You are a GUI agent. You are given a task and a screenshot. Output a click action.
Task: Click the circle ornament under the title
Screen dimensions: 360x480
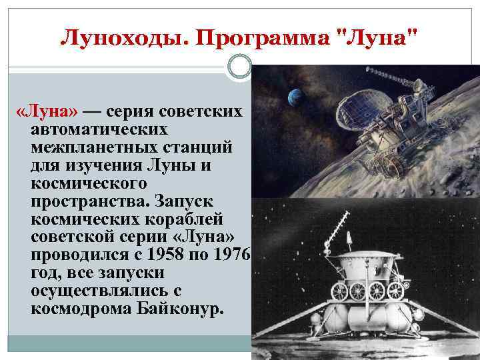tap(239, 67)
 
